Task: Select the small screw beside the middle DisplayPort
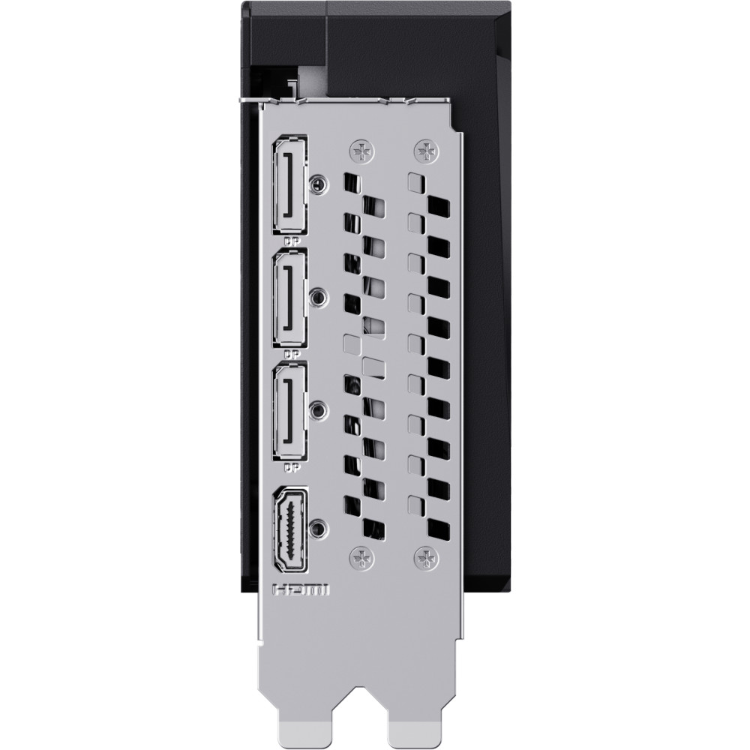tap(319, 297)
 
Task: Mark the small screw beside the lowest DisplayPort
tap(319, 410)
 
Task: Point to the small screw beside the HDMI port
tap(319, 527)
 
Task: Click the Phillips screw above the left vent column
tap(361, 150)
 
